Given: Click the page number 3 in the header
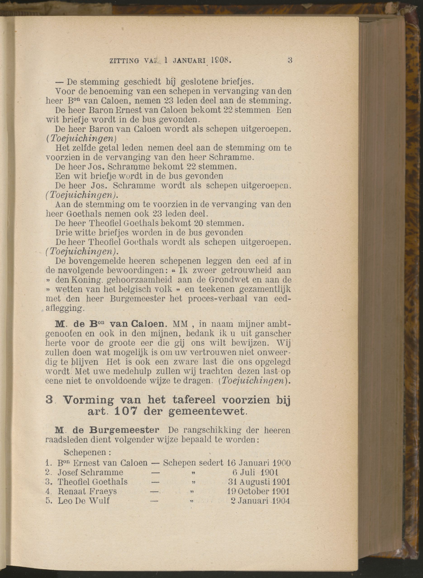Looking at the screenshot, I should (290, 61).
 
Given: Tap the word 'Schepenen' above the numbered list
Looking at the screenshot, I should (87, 452).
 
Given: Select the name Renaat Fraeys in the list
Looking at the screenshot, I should (87, 491).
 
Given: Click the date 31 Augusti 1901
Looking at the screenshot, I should (259, 482).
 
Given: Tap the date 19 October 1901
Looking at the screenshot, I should (258, 491).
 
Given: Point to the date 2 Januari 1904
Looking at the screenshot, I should (260, 501).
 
